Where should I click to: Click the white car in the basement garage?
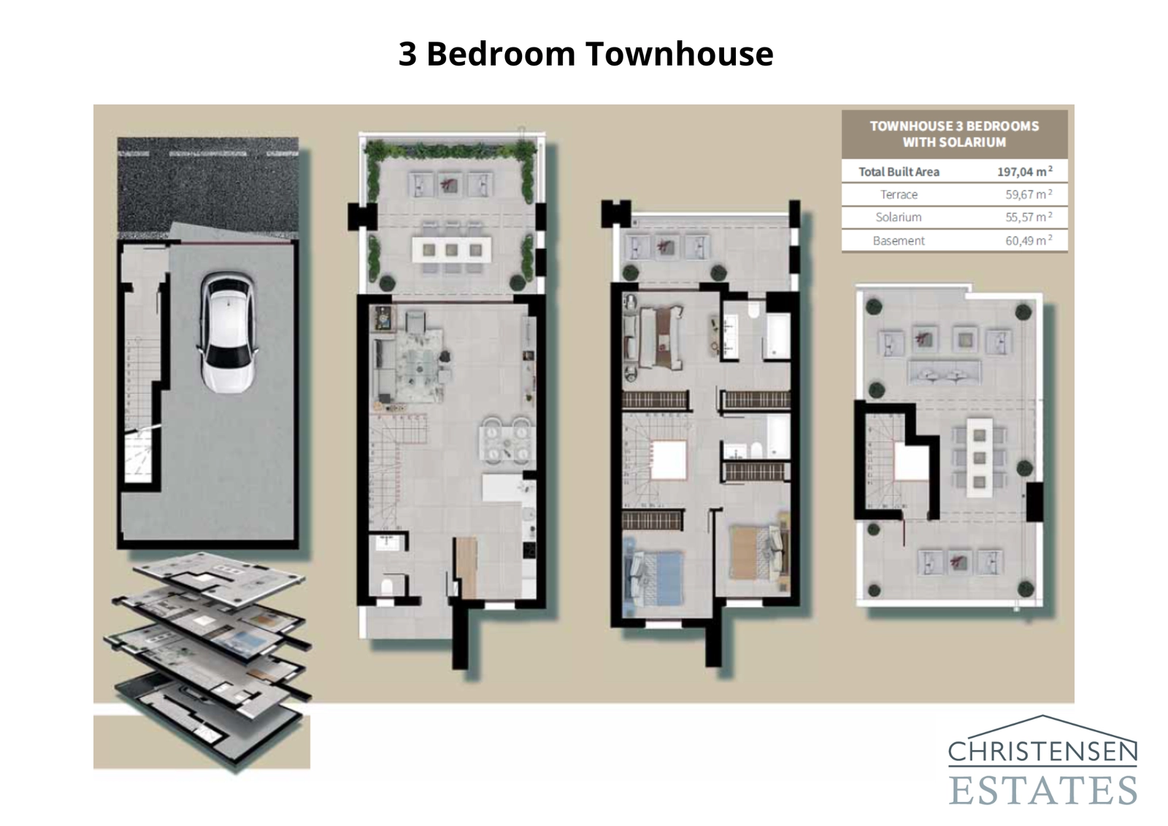228,332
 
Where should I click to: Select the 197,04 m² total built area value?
1025,172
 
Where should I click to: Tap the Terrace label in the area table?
899,194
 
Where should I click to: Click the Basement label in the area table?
899,240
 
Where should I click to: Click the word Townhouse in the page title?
679,53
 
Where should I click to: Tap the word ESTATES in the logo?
1042,790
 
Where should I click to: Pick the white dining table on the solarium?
979,457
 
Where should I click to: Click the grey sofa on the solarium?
943,372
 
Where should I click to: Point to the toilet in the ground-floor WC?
388,586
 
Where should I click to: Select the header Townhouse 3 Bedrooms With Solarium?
954,134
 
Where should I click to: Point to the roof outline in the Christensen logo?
1042,727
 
